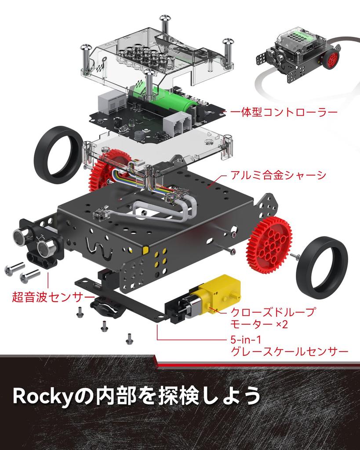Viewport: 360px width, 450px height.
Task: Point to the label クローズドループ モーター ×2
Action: (x=273, y=318)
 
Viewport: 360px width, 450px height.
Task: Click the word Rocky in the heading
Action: (x=42, y=396)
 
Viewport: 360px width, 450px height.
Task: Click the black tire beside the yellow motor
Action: (x=322, y=267)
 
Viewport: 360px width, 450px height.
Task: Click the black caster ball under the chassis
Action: (x=105, y=306)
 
